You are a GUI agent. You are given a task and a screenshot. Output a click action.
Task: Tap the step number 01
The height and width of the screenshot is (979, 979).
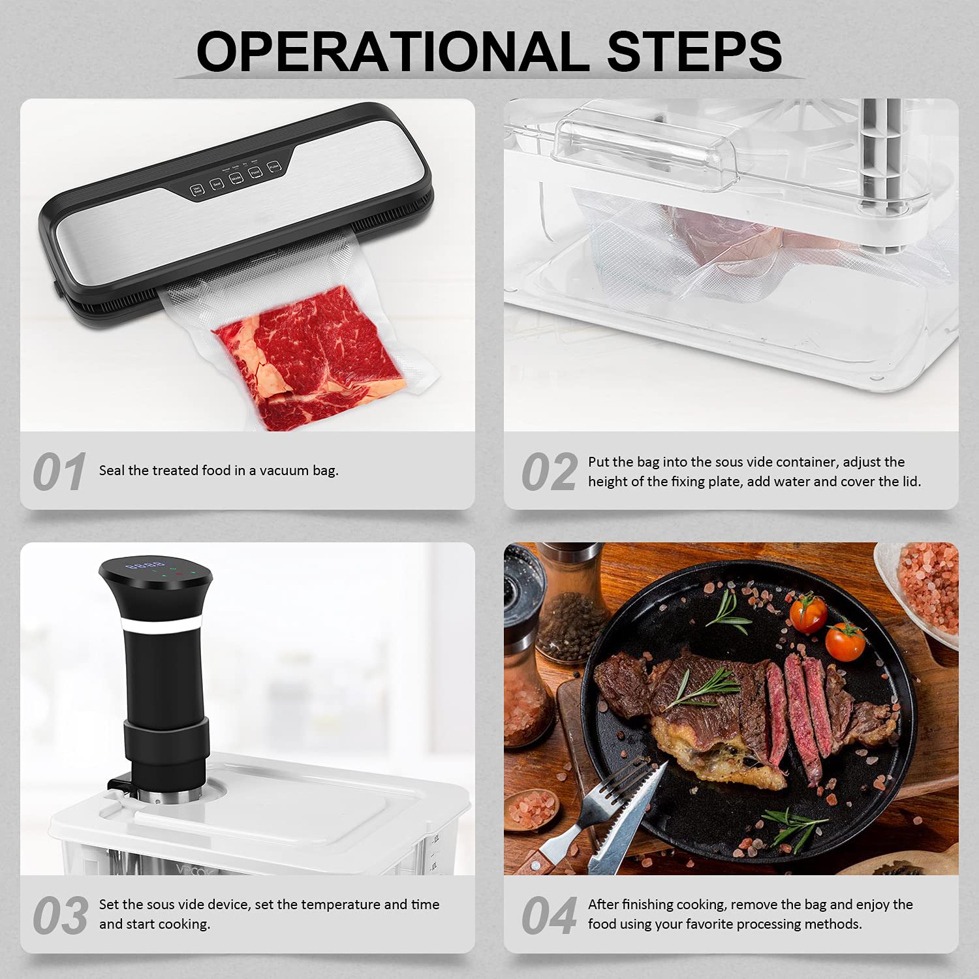pos(59,472)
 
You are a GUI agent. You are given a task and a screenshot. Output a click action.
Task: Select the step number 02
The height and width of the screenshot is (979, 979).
pos(549,472)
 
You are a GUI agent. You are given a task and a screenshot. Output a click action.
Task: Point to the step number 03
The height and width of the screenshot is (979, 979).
pos(60,915)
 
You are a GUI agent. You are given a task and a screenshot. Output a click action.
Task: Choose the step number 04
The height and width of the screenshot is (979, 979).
pos(549,915)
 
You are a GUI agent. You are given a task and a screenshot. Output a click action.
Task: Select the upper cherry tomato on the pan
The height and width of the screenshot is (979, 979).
pos(808,614)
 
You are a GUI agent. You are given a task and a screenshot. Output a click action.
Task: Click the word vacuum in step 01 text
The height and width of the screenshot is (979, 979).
pos(284,471)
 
